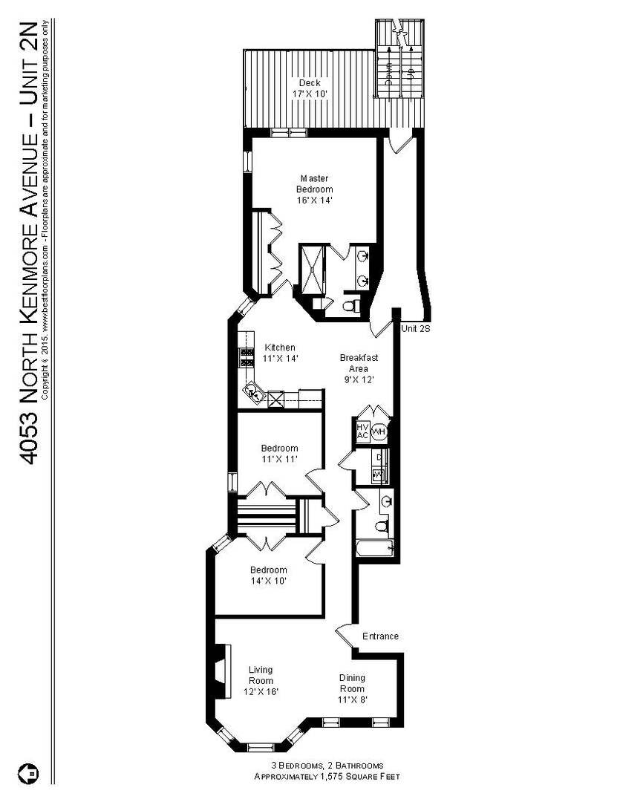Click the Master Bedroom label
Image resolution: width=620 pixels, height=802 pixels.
coord(314,189)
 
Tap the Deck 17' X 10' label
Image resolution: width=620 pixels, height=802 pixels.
coord(310,88)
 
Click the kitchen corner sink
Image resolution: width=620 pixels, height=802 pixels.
coord(254,391)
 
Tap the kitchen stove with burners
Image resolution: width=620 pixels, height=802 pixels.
coord(246,358)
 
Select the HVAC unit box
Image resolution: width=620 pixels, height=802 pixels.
coord(362,431)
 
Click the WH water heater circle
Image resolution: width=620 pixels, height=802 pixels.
coord(379,431)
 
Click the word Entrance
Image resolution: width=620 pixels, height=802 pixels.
coord(380,636)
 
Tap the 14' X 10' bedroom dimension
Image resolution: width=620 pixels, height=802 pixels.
coord(268,581)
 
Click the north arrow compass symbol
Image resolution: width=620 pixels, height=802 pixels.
coord(32,772)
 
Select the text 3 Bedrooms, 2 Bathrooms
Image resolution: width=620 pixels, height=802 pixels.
coord(326,766)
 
